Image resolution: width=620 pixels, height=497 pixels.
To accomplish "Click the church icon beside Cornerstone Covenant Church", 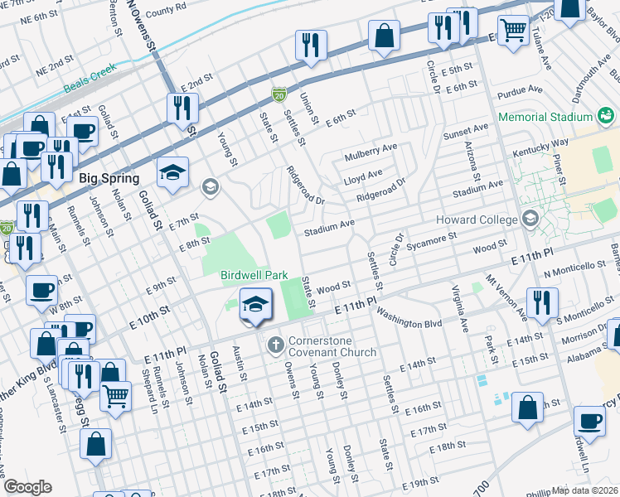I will (275, 343).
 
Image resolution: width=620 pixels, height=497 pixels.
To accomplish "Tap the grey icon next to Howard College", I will (529, 220).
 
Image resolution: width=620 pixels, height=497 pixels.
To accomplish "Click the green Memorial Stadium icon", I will (608, 117).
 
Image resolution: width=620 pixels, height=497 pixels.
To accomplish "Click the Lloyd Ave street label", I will (363, 175).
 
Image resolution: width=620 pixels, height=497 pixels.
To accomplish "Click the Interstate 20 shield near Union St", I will (279, 97).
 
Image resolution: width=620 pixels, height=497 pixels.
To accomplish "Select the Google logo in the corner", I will (27, 487).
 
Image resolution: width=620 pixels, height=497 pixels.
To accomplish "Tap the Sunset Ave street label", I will (466, 130).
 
